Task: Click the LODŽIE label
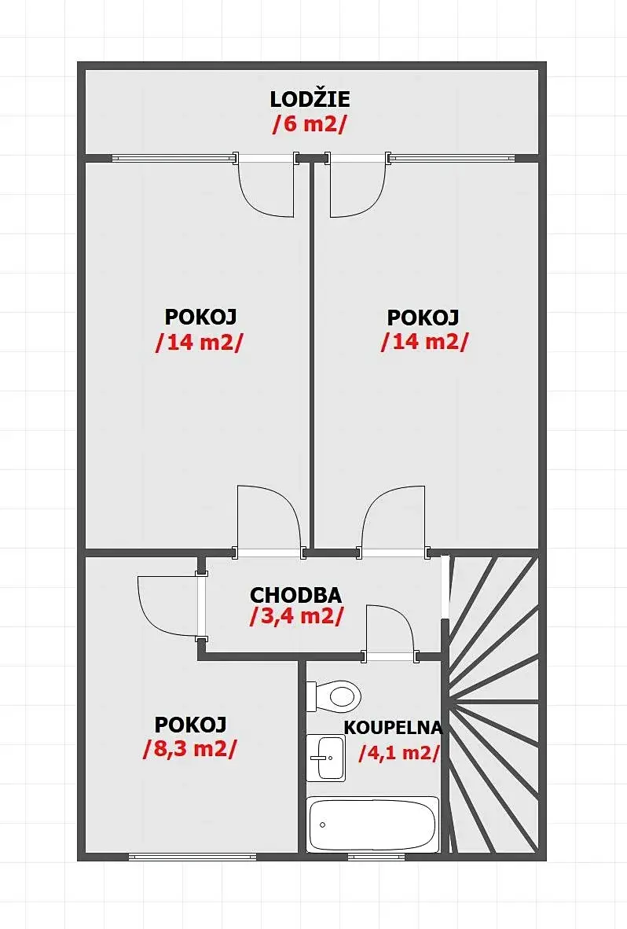310,99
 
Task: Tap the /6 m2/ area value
309,124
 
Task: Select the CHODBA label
295,594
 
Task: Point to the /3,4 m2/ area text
297,616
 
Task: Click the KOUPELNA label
393,728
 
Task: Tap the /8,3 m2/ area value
190,749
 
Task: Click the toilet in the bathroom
333,696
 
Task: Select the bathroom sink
325,758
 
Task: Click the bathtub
373,824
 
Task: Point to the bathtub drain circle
323,824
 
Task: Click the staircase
493,703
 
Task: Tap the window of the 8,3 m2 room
192,857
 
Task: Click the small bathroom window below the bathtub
376,857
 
